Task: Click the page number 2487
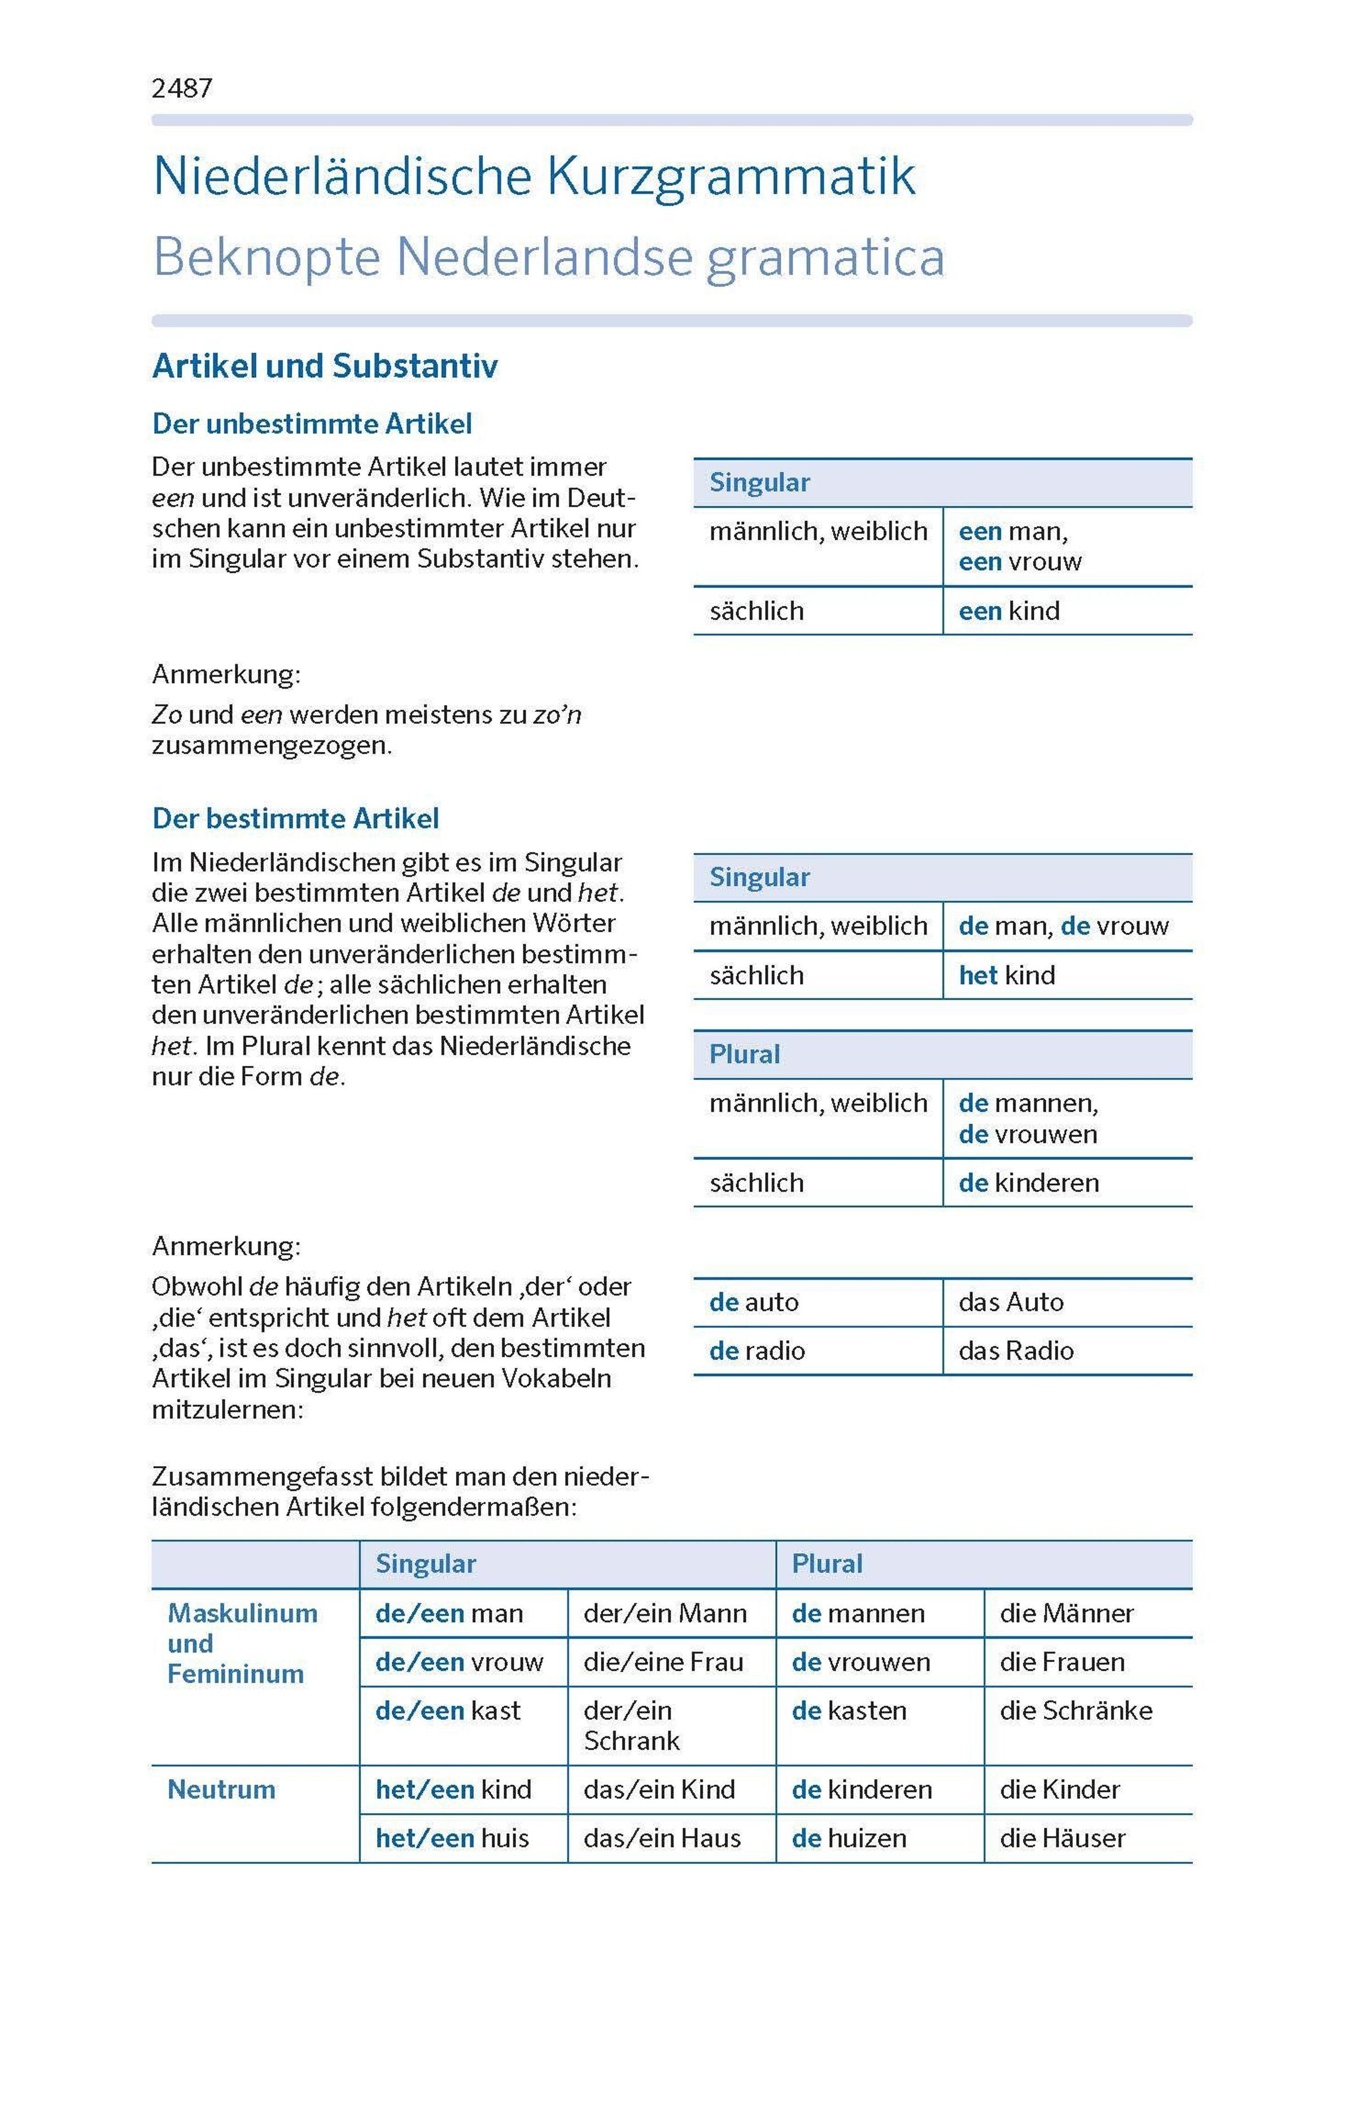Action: [182, 88]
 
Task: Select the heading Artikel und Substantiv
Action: [325, 366]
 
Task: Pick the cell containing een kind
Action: [1009, 610]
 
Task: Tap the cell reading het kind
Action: [1007, 975]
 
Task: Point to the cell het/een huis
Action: [452, 1837]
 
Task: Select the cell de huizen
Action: [849, 1837]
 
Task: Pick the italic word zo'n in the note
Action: [557, 714]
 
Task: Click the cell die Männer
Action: [1066, 1613]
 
